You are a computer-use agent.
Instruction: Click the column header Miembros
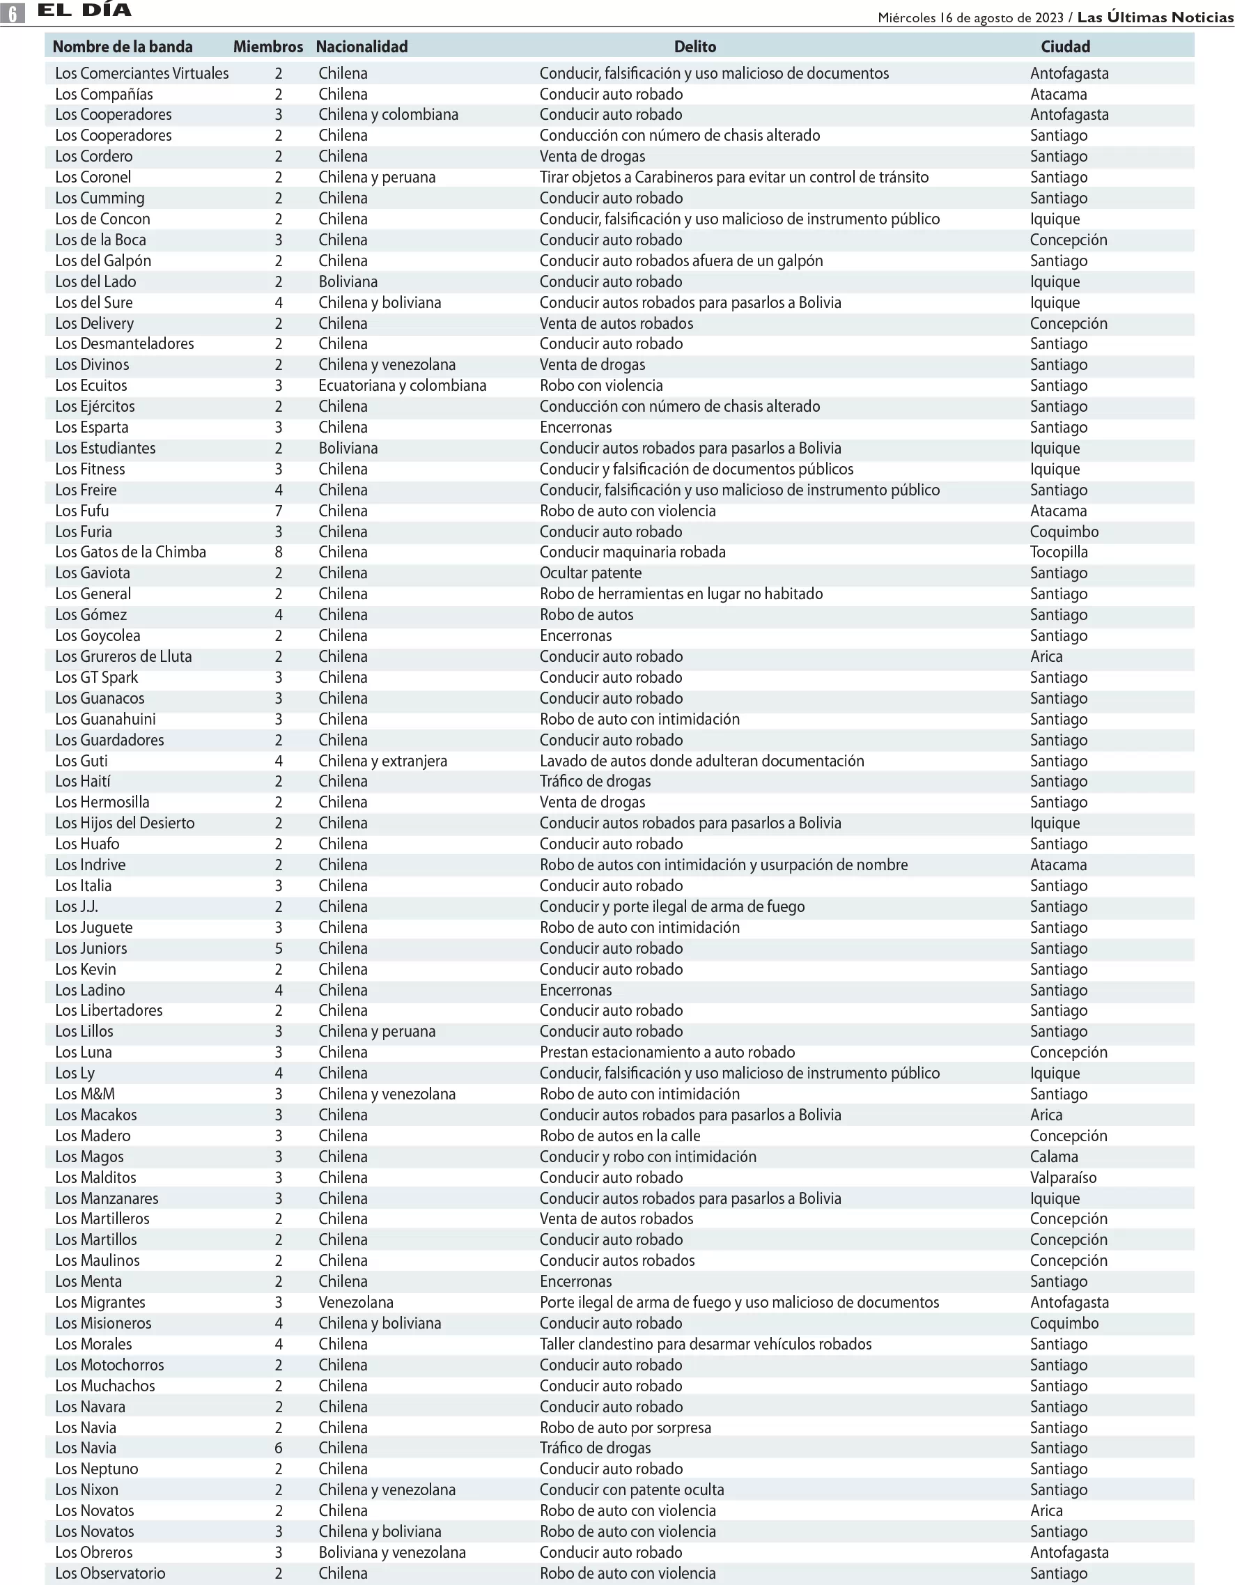pos(267,47)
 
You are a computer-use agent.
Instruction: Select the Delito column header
pos(694,47)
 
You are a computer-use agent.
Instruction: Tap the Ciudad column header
pos(1064,47)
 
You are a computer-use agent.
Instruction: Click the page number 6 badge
pos(13,13)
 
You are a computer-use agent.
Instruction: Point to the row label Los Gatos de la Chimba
pos(131,552)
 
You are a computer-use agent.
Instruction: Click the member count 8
pos(279,552)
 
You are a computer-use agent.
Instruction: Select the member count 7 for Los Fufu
pos(279,511)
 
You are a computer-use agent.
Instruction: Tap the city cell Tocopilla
pos(1059,552)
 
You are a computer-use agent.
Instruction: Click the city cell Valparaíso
pos(1063,1178)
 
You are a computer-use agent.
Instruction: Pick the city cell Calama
pos(1054,1157)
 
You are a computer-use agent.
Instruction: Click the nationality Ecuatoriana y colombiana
pos(402,385)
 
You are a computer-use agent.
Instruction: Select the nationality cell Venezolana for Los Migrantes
pos(355,1303)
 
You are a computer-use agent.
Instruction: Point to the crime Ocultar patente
pos(590,573)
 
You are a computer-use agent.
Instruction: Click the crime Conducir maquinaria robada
pos(632,552)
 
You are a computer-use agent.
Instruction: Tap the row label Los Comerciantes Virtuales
pos(141,73)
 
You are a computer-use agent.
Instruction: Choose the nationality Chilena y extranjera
pos(382,761)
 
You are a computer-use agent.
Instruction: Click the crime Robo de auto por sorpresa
pos(625,1428)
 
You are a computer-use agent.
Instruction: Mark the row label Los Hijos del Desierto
pos(125,823)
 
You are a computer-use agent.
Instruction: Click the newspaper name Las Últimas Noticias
pos(1154,17)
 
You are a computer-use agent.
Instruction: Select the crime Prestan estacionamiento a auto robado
pos(667,1052)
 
